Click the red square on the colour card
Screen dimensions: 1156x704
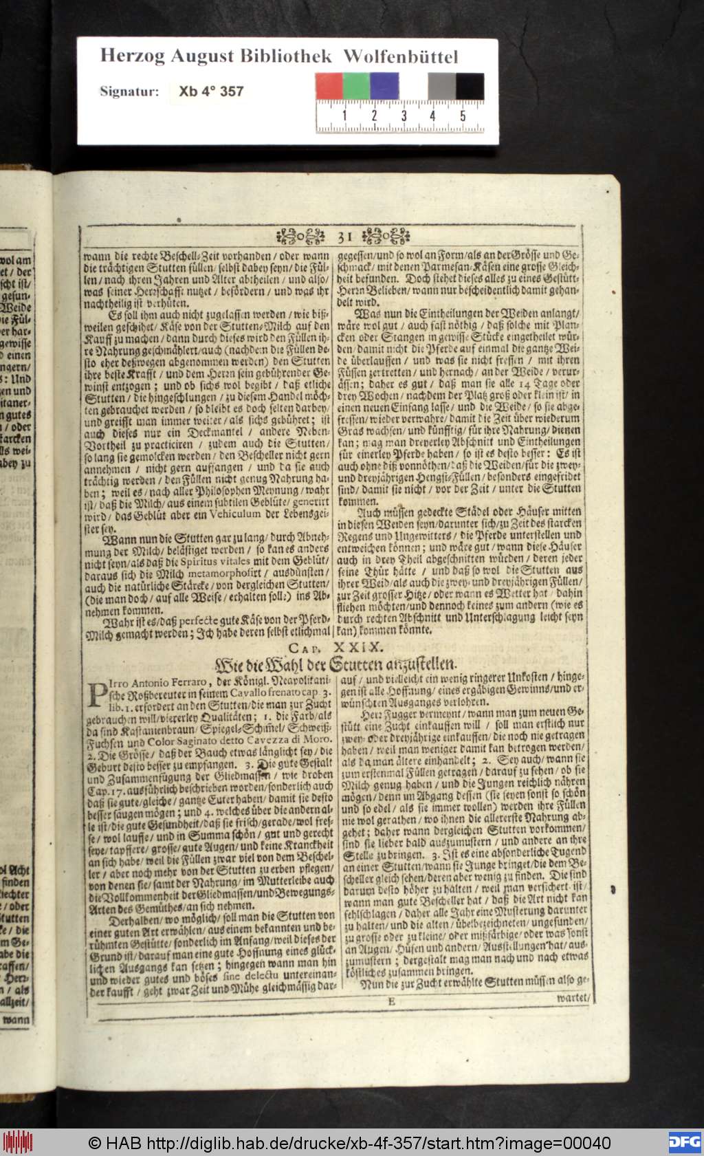coord(329,87)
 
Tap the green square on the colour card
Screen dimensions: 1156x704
coord(356,87)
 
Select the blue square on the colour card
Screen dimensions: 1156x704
coord(384,87)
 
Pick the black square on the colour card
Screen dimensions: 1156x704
coord(470,87)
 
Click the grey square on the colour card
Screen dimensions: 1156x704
coord(441,87)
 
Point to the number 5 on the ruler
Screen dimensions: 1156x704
coord(463,116)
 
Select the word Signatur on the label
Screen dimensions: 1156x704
coord(129,91)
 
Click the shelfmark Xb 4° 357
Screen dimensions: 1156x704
coord(211,91)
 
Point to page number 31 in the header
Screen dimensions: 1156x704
coord(346,238)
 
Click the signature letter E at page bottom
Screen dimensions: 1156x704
coord(391,1001)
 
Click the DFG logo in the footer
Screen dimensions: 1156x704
coord(683,1142)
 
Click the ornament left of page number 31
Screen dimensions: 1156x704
coord(300,238)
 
